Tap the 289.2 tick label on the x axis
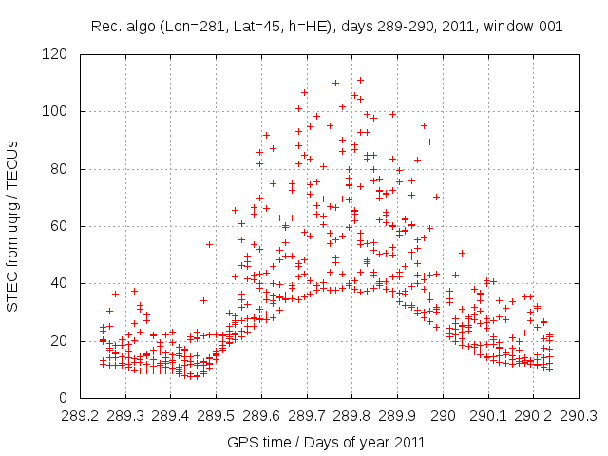(80, 416)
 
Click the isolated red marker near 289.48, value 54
(209, 244)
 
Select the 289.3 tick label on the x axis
(125, 416)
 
